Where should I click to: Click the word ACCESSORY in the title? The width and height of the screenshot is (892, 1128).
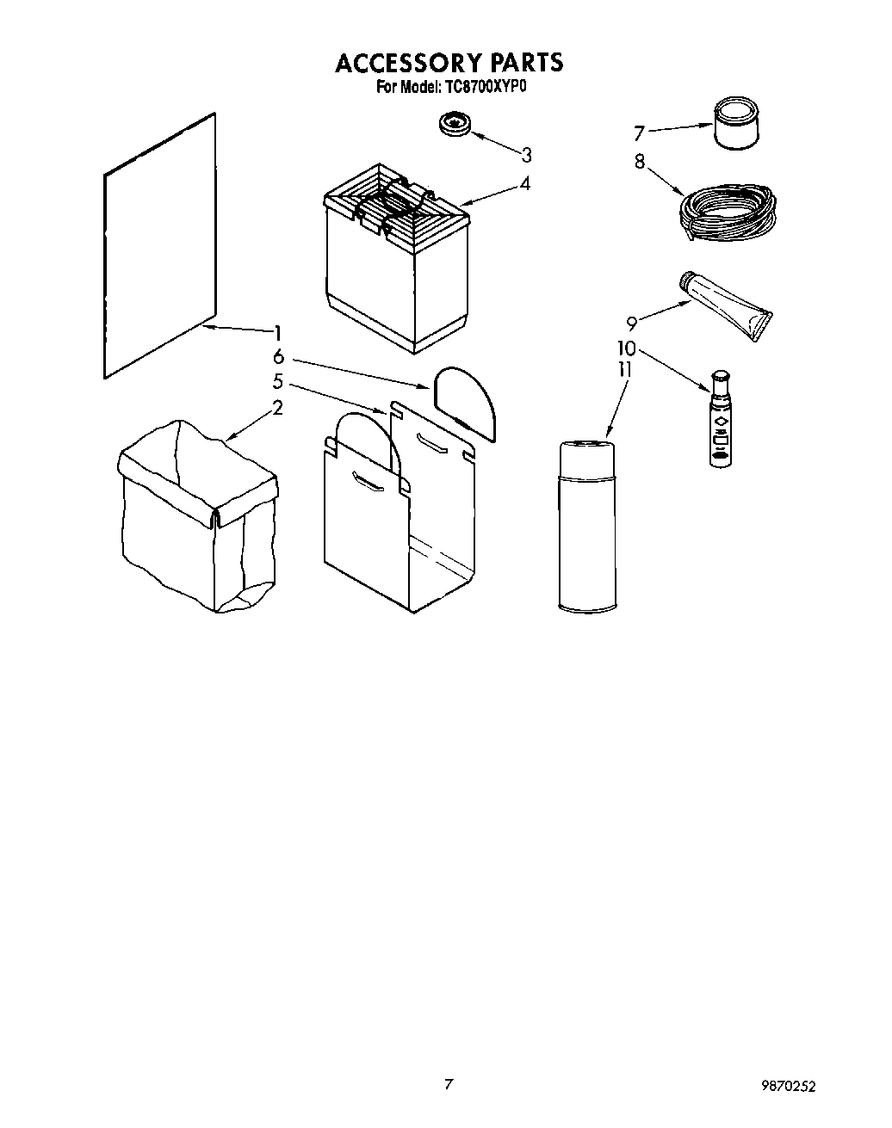click(x=407, y=63)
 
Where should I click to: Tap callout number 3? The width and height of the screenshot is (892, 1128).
click(x=526, y=155)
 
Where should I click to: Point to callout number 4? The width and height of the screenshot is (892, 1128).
click(x=524, y=183)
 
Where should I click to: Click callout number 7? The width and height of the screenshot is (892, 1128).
click(x=639, y=133)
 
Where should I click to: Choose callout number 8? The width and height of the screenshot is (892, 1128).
click(x=639, y=161)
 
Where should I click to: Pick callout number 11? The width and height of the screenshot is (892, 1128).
click(x=625, y=370)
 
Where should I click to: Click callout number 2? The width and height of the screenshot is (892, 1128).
click(x=277, y=408)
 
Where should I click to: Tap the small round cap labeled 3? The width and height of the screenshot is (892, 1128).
click(x=455, y=123)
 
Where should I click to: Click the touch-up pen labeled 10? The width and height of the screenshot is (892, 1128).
click(x=720, y=419)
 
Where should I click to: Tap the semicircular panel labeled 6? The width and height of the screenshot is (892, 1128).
click(x=466, y=401)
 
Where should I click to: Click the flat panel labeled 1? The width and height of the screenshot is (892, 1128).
click(x=159, y=245)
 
